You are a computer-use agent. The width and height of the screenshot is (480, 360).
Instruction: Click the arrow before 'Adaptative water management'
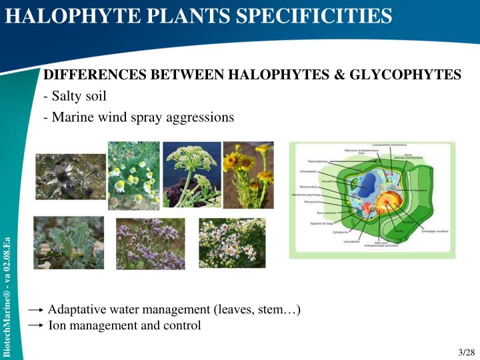37,311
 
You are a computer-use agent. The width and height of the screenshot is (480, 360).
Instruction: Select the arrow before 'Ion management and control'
37,327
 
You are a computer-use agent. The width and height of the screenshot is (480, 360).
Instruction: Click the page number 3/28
467,352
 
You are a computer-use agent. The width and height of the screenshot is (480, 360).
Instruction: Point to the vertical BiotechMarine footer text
7,293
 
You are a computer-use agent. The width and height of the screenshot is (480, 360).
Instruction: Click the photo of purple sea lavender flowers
150,243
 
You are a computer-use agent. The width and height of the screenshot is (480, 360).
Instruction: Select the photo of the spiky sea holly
70,176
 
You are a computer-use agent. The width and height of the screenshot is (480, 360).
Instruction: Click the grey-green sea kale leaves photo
69,243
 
